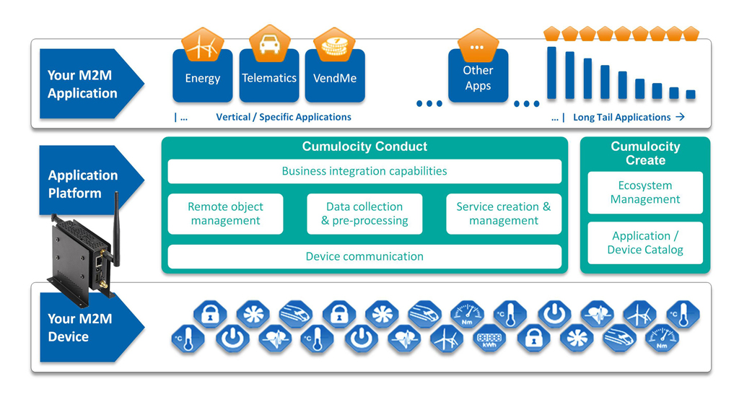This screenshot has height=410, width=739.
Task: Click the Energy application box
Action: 203,78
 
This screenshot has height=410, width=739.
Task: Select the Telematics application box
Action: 269,78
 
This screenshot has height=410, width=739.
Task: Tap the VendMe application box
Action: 335,78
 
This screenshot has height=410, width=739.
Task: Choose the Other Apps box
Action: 478,78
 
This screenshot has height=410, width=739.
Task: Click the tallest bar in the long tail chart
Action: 552,73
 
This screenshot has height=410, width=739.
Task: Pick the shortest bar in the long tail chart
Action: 691,94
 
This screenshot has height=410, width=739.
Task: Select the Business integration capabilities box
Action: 364,171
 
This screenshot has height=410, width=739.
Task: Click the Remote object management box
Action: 225,214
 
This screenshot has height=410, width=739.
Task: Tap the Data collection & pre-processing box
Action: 364,214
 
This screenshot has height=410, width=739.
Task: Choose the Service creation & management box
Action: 503,214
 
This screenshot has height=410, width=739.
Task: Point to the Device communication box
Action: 364,256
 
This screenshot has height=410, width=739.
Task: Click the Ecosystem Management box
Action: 645,193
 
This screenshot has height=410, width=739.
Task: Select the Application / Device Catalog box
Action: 645,243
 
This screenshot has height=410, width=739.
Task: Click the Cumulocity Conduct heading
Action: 364,147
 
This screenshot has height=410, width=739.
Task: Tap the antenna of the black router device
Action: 115,217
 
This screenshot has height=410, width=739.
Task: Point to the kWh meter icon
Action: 490,339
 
